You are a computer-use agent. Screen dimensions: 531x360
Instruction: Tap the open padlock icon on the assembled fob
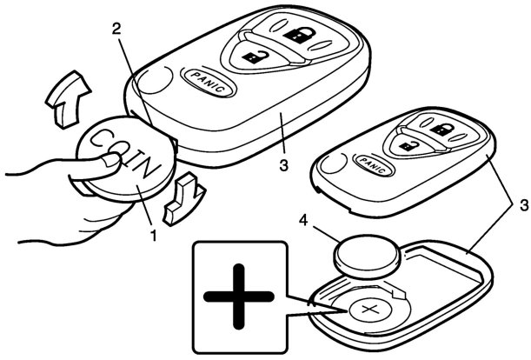tap(253, 58)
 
